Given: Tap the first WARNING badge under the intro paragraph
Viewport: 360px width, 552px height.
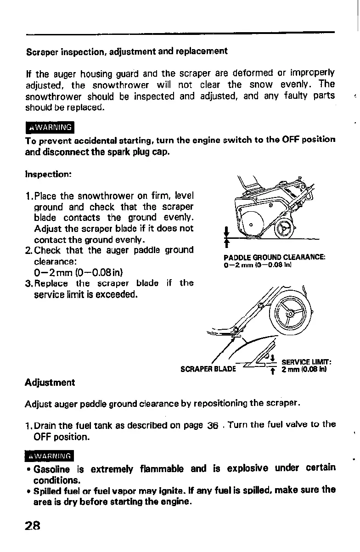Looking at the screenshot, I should click(x=49, y=127).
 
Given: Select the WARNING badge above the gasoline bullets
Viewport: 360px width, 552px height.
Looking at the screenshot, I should click(x=49, y=456).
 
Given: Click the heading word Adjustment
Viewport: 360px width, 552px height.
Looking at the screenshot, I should click(x=50, y=382).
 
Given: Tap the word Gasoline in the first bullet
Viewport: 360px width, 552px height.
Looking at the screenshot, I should click(x=51, y=468).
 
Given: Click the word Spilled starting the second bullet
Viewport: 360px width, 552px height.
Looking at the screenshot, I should click(x=48, y=490).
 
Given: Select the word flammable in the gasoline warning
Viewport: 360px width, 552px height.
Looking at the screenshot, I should click(x=161, y=468).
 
